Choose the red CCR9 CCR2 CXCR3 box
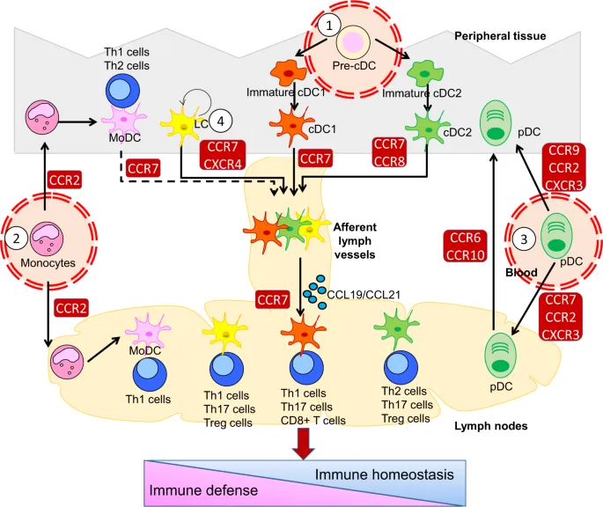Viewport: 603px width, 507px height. click(566, 166)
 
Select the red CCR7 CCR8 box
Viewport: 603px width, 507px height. click(390, 151)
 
